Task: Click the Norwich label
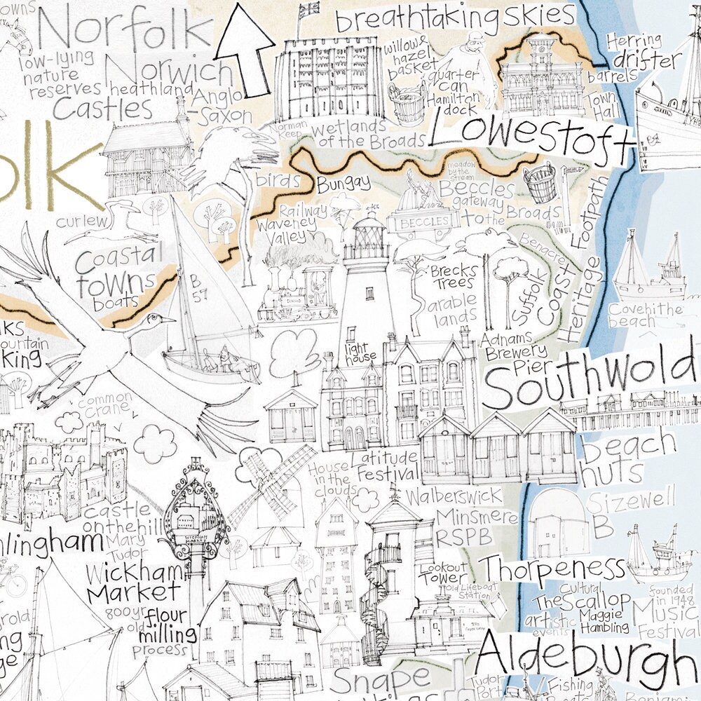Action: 173,72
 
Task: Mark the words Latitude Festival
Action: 385,466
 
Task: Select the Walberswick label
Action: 454,497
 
